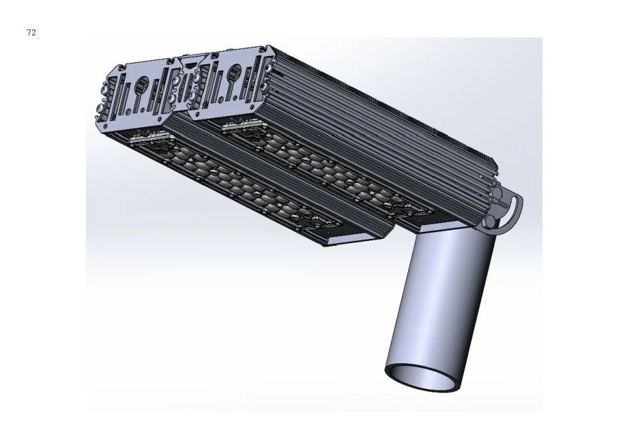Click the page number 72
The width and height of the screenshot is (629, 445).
point(31,33)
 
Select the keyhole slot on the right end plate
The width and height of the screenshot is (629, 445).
point(234,72)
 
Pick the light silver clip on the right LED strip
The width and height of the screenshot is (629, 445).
point(241,126)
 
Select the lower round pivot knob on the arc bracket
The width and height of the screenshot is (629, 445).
point(493,223)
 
